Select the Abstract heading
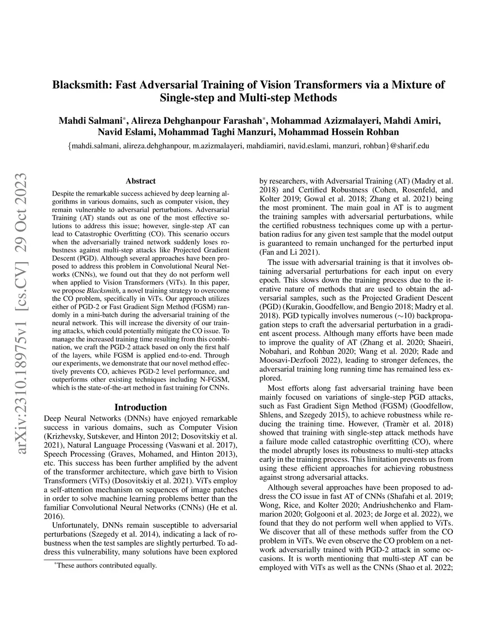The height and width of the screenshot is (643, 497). tap(140, 181)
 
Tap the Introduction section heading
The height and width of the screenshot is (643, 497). tap(140, 407)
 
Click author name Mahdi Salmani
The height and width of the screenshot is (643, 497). tap(90, 120)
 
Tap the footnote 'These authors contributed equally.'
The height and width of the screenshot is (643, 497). tap(107, 565)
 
